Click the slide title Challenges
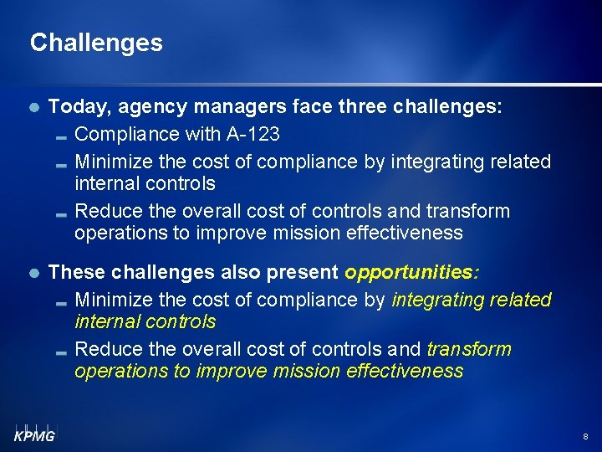[96, 43]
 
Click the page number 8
[585, 437]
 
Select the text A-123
[253, 134]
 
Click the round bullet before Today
[33, 108]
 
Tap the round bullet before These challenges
[33, 273]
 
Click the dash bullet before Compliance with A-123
[61, 136]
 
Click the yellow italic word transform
[469, 349]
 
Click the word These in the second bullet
[76, 272]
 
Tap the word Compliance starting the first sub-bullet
[126, 134]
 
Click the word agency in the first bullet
[151, 107]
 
